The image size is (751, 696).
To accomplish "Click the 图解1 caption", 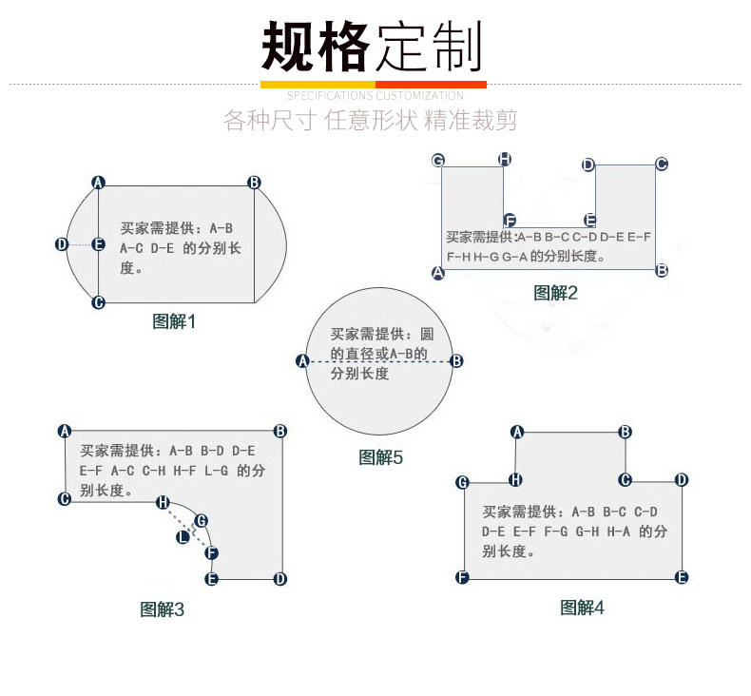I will tap(174, 321).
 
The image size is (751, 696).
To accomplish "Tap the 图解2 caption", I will tap(555, 293).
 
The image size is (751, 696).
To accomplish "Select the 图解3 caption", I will tap(162, 609).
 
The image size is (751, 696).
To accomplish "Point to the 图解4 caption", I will tap(582, 608).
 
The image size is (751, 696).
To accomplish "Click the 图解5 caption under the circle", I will tap(380, 457).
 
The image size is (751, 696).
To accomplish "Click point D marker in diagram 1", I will tap(62, 244).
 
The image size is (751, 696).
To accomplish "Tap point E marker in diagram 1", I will tap(98, 244).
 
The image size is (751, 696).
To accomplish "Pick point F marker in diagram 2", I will tap(510, 220).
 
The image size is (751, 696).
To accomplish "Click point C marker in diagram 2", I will tap(662, 164).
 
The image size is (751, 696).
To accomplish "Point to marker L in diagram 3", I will tap(183, 537).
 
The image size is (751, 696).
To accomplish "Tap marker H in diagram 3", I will tap(163, 501).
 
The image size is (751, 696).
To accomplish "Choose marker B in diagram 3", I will tap(280, 431).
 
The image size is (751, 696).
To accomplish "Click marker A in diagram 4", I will tap(517, 432).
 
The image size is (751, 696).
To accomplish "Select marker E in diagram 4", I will tap(682, 577).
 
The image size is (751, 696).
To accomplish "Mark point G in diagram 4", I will tap(463, 482).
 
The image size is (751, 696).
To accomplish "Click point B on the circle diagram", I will tap(456, 360).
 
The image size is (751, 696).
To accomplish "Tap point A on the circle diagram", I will tap(303, 360).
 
